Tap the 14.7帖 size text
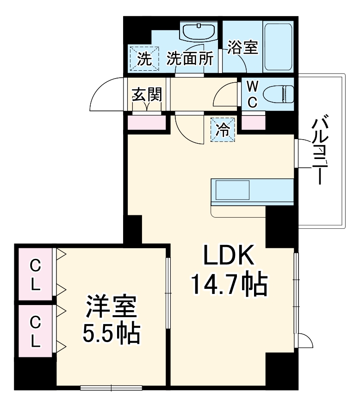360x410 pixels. (228, 285)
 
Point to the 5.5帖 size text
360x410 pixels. (111, 334)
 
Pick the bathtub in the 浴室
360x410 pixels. (278, 46)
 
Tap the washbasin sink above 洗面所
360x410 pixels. (198, 32)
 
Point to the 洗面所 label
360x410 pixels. (190, 59)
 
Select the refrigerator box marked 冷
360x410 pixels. (223, 130)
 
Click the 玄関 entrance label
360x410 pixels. (147, 95)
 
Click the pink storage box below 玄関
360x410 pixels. (147, 122)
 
